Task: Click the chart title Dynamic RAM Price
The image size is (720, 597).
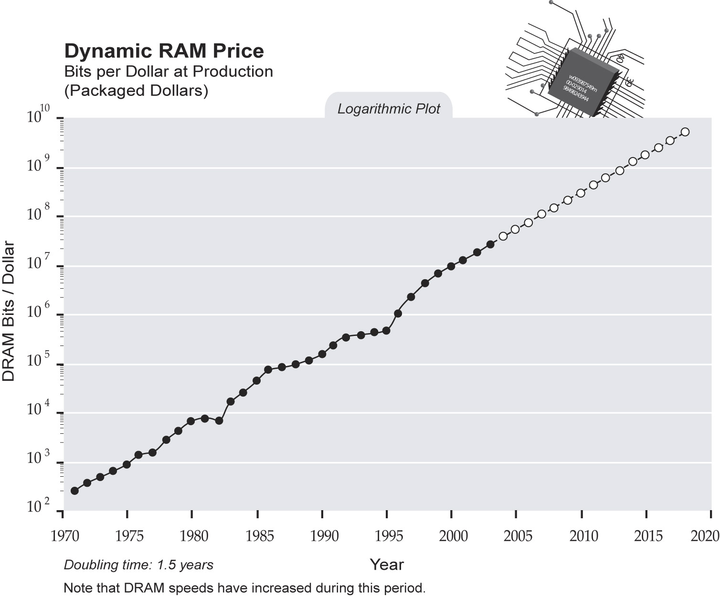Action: click(x=164, y=51)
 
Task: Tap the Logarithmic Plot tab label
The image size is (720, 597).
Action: click(x=389, y=109)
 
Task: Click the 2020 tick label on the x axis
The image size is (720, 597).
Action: click(x=705, y=536)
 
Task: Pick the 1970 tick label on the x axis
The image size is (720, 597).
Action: click(x=65, y=536)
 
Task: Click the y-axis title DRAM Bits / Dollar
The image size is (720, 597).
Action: click(x=9, y=312)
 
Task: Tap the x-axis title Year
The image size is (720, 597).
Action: click(x=387, y=565)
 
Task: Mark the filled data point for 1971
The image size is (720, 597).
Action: click(x=74, y=491)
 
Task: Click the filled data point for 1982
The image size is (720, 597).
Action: click(x=219, y=420)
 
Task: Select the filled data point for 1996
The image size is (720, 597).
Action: click(x=398, y=314)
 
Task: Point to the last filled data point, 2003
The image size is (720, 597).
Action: click(x=490, y=244)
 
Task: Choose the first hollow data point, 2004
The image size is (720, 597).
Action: click(x=503, y=236)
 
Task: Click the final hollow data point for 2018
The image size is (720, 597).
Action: click(x=685, y=132)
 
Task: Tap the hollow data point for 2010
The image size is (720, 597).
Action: click(x=581, y=193)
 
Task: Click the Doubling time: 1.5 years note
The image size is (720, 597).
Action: click(x=138, y=565)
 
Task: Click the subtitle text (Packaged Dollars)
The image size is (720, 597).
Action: click(x=136, y=91)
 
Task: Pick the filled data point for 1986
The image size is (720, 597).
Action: click(x=268, y=369)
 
